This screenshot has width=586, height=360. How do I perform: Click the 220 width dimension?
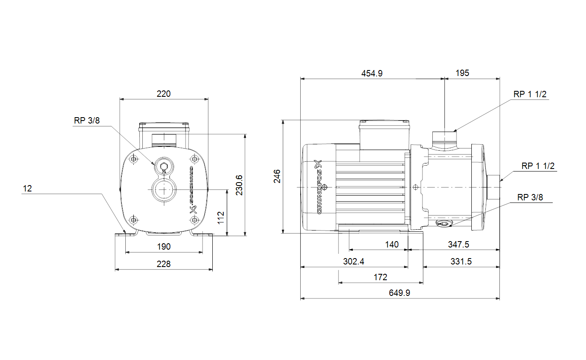click(x=163, y=94)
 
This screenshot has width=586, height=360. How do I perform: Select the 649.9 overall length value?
click(x=400, y=293)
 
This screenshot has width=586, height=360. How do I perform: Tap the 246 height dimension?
click(x=277, y=176)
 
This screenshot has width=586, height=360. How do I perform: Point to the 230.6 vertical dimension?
click(x=239, y=185)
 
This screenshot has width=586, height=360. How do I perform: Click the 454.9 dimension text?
click(x=372, y=73)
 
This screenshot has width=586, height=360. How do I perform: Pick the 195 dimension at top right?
click(x=462, y=73)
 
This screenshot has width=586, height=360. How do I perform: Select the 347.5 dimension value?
click(x=458, y=245)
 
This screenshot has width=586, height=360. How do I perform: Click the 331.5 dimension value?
click(x=461, y=262)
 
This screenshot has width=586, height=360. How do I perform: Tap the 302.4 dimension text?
click(x=353, y=262)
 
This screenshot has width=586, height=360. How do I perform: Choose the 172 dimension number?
click(x=380, y=277)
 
